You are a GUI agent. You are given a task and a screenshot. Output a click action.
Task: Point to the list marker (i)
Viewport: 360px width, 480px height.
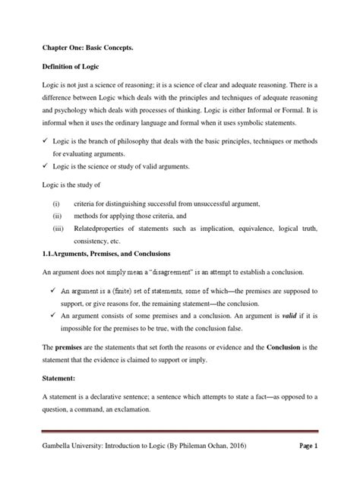click(x=56, y=205)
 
